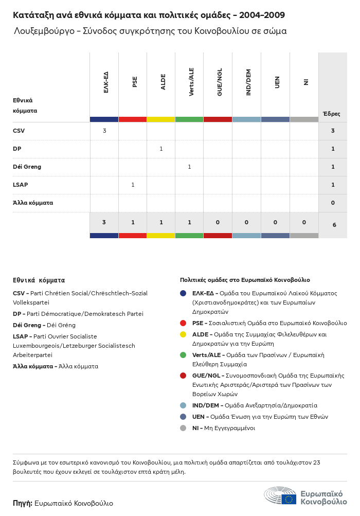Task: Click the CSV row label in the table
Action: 19,131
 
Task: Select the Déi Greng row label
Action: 27,167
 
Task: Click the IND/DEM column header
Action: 248,83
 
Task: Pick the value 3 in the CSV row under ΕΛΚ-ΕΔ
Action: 104,131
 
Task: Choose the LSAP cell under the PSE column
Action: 133,185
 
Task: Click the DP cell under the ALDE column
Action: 161,149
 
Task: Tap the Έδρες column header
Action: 332,114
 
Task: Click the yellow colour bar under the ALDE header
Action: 161,119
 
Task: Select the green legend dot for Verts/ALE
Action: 183,355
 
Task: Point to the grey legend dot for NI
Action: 183,428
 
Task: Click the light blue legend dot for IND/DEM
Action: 183,405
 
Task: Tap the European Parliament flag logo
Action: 288,499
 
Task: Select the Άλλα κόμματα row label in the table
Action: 33,203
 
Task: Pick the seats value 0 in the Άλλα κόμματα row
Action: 333,203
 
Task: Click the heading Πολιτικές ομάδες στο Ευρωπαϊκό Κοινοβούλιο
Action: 245,280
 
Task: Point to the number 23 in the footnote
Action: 316,462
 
